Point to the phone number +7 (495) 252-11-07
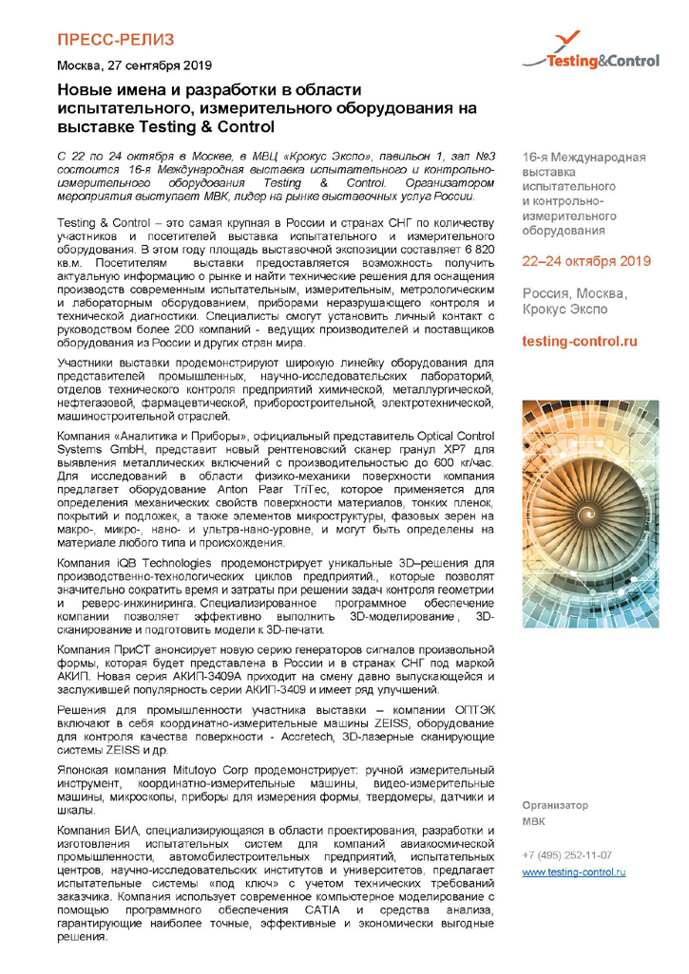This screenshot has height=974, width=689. point(566,854)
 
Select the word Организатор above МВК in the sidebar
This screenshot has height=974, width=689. point(556,805)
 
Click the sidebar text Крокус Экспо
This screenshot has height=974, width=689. point(567,309)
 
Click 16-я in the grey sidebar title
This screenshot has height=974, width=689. point(535,156)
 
